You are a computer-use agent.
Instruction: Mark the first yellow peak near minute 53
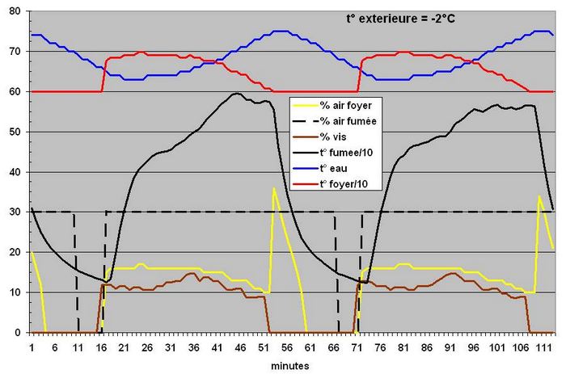273,188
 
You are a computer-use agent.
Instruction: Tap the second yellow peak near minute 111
539,196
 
